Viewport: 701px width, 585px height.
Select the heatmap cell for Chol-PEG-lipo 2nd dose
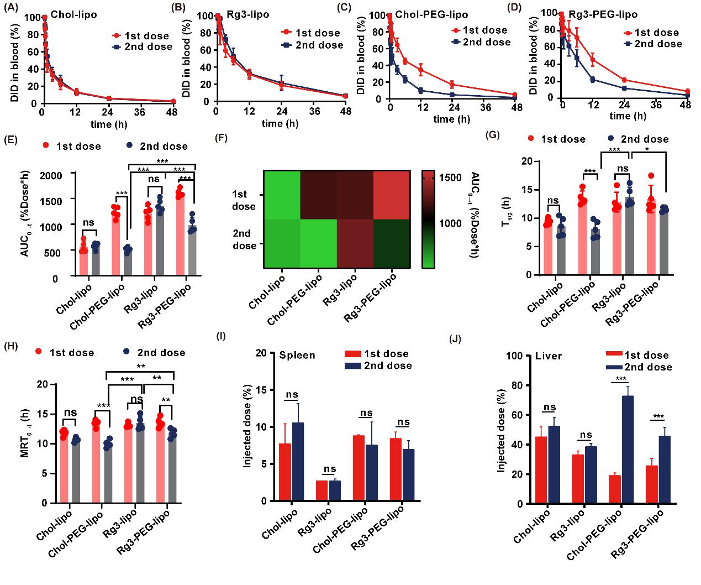tap(319, 244)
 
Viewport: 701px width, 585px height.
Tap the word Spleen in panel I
tap(297, 355)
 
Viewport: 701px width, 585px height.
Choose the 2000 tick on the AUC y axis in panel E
tap(63, 174)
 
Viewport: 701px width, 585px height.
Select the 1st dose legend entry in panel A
tap(141, 36)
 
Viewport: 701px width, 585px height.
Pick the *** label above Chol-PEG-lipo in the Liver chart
tap(621, 379)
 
